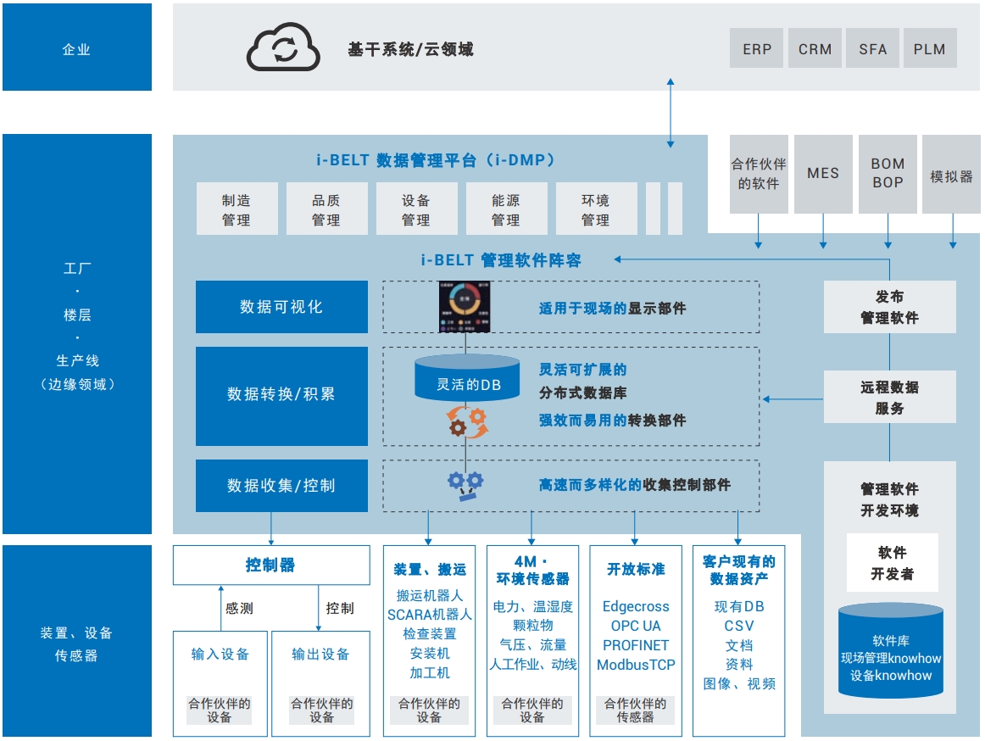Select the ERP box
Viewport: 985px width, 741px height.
(x=757, y=48)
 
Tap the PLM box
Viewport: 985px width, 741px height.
(x=929, y=48)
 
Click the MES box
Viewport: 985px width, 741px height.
(x=822, y=173)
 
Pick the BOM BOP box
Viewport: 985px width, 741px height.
(x=888, y=173)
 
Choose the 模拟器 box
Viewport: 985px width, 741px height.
(x=951, y=176)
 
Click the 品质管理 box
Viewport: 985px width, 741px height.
(x=326, y=209)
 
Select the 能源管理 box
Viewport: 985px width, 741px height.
(x=506, y=209)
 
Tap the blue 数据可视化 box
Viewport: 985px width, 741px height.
(x=281, y=307)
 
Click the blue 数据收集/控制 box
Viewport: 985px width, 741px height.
(x=281, y=486)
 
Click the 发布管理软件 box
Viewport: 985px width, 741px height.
(x=889, y=307)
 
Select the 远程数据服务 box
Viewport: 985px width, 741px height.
(x=889, y=397)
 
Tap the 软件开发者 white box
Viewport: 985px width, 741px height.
(x=892, y=562)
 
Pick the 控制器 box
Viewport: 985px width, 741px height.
(x=271, y=565)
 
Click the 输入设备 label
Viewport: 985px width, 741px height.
(x=220, y=654)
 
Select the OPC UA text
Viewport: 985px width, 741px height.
(x=636, y=626)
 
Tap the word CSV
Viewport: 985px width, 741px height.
(x=739, y=626)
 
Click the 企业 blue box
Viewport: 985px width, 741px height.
(x=77, y=48)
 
